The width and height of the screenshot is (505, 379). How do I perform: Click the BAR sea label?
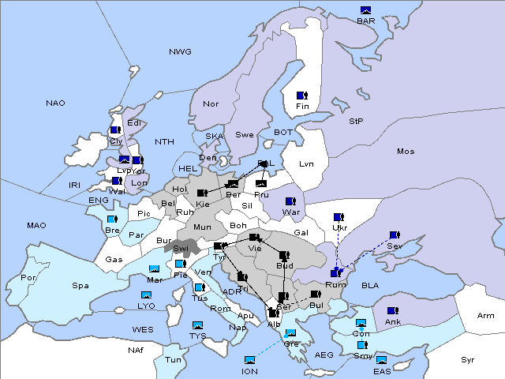point(365,21)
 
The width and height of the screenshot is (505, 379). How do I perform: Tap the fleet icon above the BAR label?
point(365,10)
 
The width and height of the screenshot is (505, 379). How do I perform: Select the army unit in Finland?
point(302,96)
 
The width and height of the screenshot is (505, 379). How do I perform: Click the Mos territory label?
point(406,151)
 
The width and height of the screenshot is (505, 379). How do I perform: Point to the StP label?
point(356,122)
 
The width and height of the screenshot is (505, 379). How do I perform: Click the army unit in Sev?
point(395,235)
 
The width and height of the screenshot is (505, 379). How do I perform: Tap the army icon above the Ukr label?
point(339,217)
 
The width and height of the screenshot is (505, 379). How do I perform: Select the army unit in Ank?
point(391,311)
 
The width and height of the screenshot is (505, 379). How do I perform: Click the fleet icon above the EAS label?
point(381,360)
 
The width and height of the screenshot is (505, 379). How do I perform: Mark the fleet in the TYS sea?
point(196,325)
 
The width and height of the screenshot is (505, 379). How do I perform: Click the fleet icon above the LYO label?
point(146,295)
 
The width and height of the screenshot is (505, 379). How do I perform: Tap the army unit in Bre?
point(112,220)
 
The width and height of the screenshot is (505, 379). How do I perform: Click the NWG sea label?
point(180,52)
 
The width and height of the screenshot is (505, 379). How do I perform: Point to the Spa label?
point(80,285)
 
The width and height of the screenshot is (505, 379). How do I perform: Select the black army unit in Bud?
point(284,256)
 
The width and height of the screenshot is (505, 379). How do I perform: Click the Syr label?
point(468,359)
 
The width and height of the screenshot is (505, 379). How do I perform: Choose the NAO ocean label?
point(55,103)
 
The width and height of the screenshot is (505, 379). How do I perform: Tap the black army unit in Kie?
point(202,193)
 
